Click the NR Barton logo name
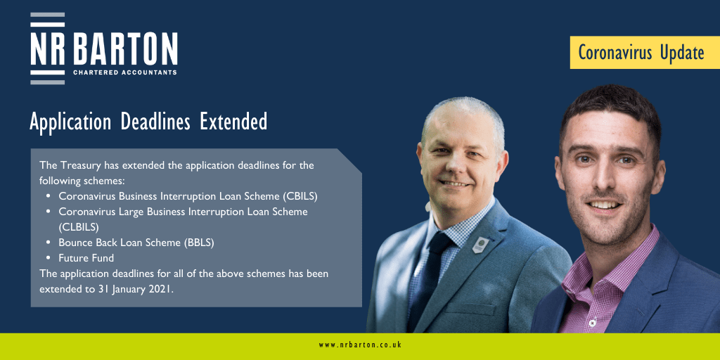click(104, 49)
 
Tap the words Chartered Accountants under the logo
click(125, 72)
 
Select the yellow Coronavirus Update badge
click(645, 52)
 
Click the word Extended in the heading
click(233, 122)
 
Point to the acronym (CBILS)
click(300, 196)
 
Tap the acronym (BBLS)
click(199, 243)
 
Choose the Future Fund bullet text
click(86, 258)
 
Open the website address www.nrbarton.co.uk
click(360, 345)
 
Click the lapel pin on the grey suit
click(480, 245)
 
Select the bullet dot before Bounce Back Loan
click(49, 243)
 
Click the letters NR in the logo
click(48, 49)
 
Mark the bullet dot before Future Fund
click(49, 258)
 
